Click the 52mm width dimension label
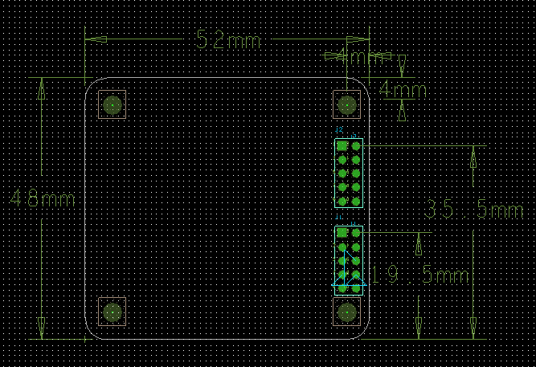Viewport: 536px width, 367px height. point(229,39)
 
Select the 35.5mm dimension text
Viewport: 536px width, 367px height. point(473,210)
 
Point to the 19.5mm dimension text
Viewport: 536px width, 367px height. point(420,275)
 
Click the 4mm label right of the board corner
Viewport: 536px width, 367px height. point(403,89)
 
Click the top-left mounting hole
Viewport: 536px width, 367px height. point(113,104)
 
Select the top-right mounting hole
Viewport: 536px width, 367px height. point(347,104)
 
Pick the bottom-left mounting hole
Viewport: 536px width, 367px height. point(113,312)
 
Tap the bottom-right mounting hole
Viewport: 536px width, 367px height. point(347,312)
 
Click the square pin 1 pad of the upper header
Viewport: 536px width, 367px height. point(342,146)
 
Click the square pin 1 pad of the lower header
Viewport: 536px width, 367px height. point(342,233)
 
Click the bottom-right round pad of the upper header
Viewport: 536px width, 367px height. point(355,201)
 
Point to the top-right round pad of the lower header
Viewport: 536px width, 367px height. point(355,233)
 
